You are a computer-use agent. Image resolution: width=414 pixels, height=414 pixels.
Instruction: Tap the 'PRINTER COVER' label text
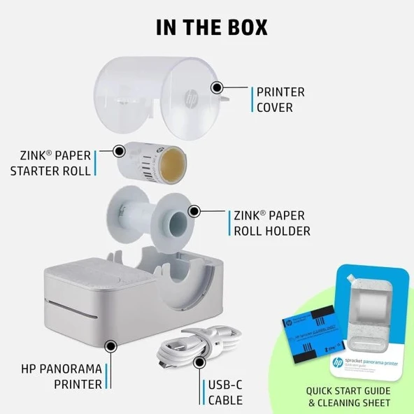[x=280, y=100]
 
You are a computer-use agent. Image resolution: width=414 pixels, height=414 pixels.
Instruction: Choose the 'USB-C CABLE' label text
[x=225, y=392]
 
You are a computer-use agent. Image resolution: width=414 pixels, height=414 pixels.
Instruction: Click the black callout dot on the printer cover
[x=217, y=88]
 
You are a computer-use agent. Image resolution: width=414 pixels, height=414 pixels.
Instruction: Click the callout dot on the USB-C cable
[x=200, y=362]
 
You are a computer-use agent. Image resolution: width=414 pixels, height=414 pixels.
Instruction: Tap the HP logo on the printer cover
[x=190, y=97]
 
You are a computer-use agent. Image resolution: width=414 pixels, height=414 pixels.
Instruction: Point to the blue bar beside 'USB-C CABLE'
[x=204, y=392]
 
